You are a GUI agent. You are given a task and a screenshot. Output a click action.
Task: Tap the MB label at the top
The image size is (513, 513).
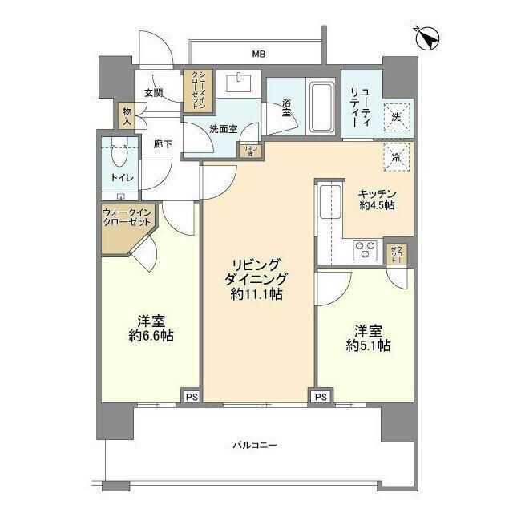[x=258, y=55]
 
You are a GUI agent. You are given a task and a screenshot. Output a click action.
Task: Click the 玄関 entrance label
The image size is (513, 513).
[x=154, y=93]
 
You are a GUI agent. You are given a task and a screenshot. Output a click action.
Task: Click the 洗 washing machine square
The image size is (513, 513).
[x=397, y=117]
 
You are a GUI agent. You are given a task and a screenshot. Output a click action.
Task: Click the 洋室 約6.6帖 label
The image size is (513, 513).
[x=148, y=327]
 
